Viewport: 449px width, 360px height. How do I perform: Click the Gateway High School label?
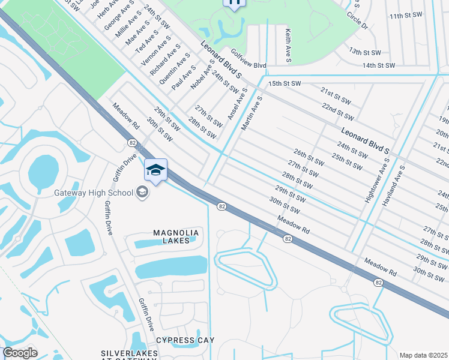[x=93, y=193]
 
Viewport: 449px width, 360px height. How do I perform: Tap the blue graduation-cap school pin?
[x=155, y=170]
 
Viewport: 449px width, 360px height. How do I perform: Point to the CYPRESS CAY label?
[x=185, y=340]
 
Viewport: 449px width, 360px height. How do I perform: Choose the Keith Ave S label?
[x=288, y=46]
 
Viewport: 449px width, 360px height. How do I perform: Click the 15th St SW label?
[x=284, y=83]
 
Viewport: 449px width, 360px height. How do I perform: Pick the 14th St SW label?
[x=378, y=65]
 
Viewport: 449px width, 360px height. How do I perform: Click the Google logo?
[x=20, y=353]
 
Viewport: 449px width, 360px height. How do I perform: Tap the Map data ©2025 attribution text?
[x=423, y=355]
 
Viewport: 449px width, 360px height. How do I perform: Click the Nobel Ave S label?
[x=202, y=76]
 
